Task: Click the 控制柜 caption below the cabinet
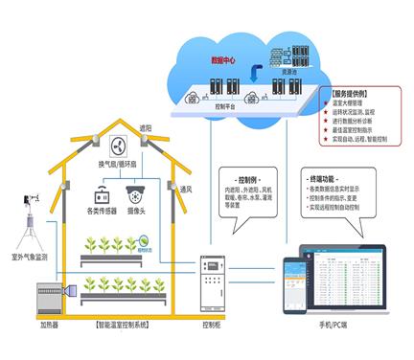[213, 326]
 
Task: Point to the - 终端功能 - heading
[323, 179]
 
